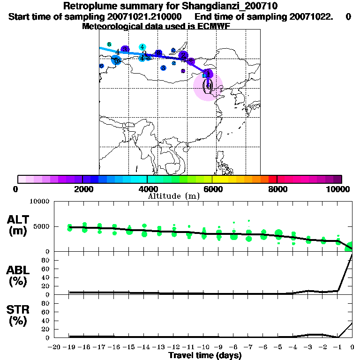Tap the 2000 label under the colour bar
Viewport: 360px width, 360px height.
(x=82, y=189)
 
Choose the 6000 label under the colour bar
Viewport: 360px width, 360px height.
(x=212, y=189)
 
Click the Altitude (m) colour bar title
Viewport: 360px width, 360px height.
(x=173, y=196)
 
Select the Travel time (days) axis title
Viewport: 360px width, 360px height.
(x=205, y=356)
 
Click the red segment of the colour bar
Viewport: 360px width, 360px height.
(x=272, y=179)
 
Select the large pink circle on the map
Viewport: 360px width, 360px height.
(x=207, y=87)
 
